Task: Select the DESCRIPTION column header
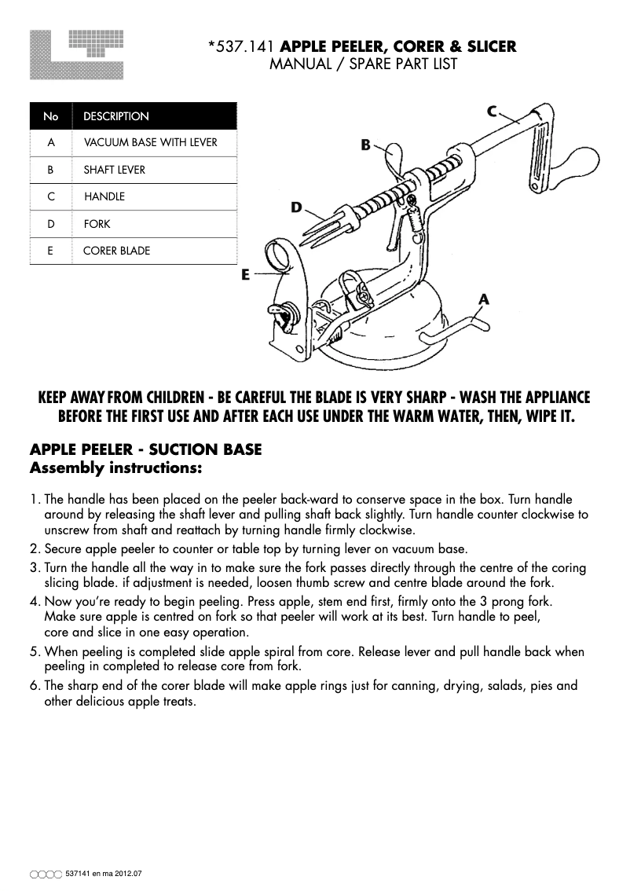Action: pyautogui.click(x=116, y=116)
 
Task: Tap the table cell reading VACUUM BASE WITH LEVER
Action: pyautogui.click(x=150, y=142)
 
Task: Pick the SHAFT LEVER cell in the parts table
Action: pyautogui.click(x=115, y=170)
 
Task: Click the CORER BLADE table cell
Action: pyautogui.click(x=116, y=251)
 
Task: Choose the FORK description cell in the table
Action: pyautogui.click(x=97, y=224)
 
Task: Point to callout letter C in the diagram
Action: pyautogui.click(x=493, y=111)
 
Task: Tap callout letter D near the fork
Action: pyautogui.click(x=296, y=207)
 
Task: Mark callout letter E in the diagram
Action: pyautogui.click(x=246, y=275)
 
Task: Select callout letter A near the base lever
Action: pyautogui.click(x=484, y=299)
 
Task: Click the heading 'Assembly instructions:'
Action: pyautogui.click(x=116, y=469)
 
